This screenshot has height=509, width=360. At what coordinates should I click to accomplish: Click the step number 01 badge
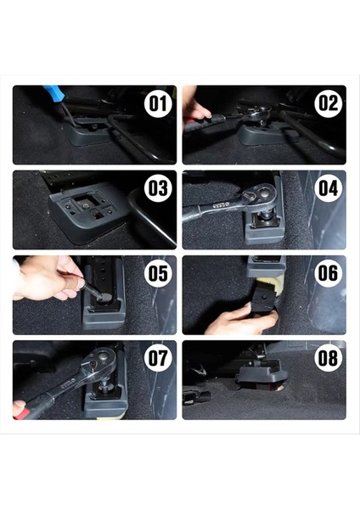click(157, 104)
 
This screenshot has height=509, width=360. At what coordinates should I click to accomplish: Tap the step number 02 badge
click(327, 104)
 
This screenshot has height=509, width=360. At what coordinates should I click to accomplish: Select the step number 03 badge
click(157, 188)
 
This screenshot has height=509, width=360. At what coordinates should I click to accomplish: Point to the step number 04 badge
click(327, 188)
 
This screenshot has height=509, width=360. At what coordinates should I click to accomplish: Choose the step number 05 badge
click(157, 273)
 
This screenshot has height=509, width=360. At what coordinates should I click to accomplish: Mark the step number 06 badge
click(327, 273)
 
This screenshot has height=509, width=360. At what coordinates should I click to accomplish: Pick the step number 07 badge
click(157, 358)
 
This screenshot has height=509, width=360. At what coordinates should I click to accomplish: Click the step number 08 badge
click(327, 358)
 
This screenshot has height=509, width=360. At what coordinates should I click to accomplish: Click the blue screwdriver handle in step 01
click(53, 92)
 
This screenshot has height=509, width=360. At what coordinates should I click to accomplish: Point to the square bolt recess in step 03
click(87, 203)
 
